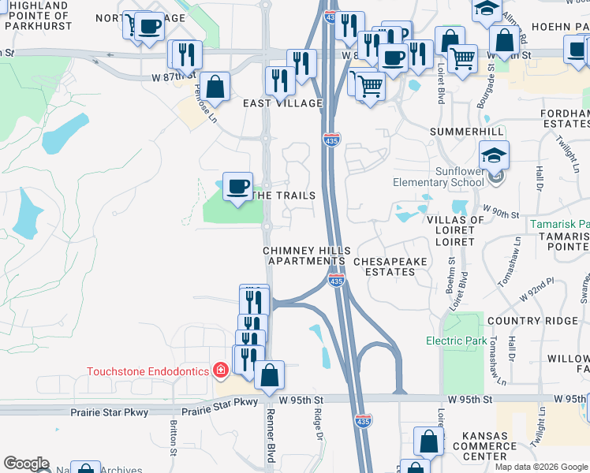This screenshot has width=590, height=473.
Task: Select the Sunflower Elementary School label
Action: (x=439, y=177)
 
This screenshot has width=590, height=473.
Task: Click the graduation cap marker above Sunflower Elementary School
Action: (x=494, y=155)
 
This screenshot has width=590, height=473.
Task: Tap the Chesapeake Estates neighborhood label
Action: (x=384, y=266)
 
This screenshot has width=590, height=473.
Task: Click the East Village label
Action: (x=282, y=103)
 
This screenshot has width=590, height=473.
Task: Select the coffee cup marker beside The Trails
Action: (x=237, y=187)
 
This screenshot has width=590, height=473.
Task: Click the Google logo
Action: (x=26, y=464)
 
